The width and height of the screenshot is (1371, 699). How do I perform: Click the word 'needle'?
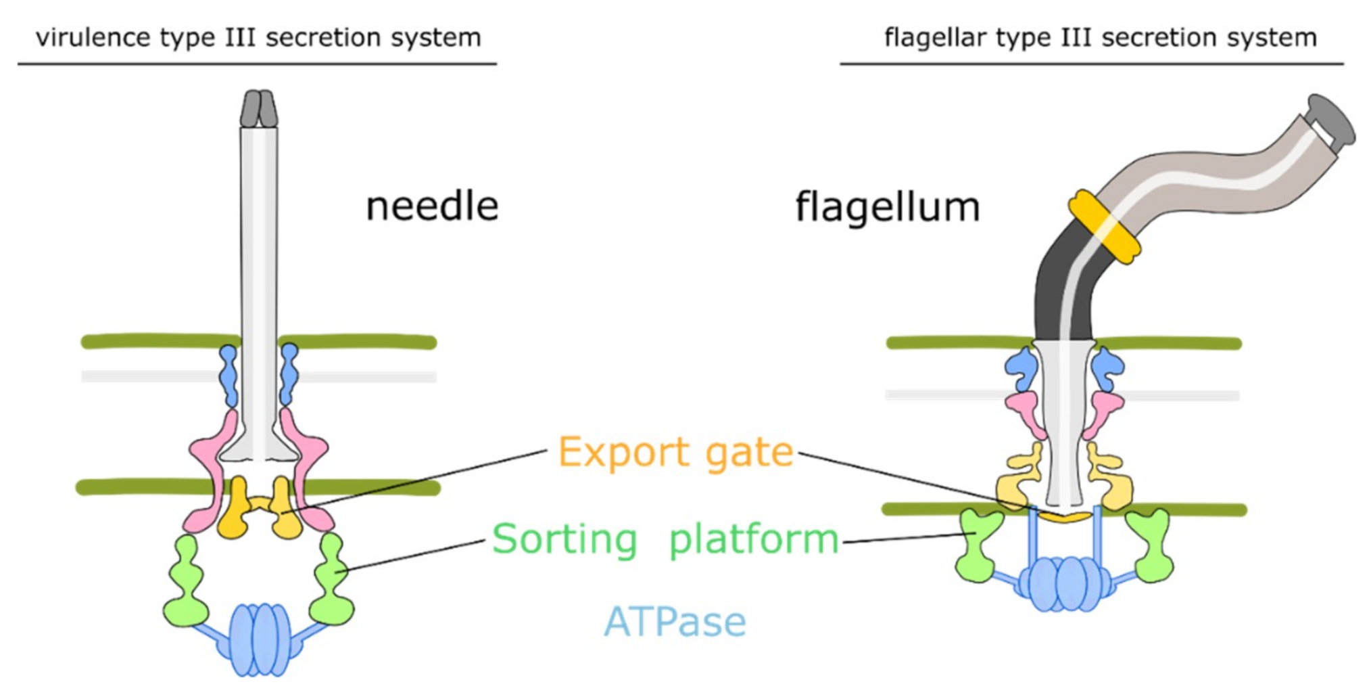click(431, 206)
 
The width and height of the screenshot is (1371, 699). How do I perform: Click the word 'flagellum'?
click(886, 206)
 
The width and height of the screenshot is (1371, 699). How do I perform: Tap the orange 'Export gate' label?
click(675, 452)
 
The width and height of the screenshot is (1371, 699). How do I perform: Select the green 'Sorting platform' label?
click(665, 539)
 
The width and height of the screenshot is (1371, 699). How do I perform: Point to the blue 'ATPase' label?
click(675, 621)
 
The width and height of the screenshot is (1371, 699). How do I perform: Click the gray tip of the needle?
click(259, 109)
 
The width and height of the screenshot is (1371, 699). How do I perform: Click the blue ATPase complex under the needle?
click(260, 639)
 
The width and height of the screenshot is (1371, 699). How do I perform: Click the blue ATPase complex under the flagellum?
click(1063, 583)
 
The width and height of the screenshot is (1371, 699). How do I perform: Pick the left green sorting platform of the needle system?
click(185, 582)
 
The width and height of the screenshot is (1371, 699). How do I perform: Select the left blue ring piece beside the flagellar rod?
click(1022, 369)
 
